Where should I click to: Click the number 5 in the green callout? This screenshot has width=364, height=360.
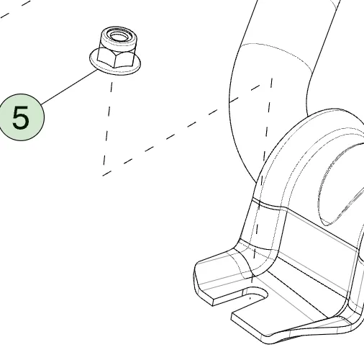click(x=21, y=117)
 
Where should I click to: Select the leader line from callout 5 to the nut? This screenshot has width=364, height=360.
click(x=70, y=87)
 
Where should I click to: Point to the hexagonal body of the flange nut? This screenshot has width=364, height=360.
click(x=116, y=57)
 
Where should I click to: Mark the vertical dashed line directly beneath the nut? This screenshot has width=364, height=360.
click(x=108, y=122)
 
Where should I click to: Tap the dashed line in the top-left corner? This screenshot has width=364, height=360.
click(x=15, y=9)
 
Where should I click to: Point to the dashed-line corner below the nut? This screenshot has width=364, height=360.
click(x=104, y=175)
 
